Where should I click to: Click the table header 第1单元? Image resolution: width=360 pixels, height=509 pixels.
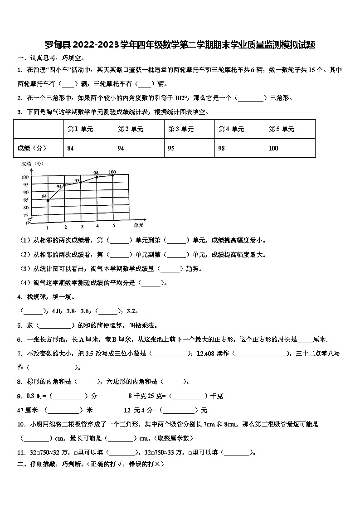[80, 129]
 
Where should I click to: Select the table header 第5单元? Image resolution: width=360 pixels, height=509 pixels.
[282, 129]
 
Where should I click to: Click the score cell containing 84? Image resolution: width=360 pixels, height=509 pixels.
[71, 148]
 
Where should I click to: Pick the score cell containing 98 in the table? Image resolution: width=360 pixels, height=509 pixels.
[221, 148]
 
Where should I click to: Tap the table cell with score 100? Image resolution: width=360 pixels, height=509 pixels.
[273, 148]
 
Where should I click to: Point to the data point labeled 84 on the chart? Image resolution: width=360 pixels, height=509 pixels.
[48, 200]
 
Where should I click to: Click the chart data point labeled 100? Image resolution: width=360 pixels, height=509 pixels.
[113, 175]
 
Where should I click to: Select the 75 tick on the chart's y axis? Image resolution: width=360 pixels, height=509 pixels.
[25, 215]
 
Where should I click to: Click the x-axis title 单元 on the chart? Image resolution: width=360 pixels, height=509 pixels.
[138, 225]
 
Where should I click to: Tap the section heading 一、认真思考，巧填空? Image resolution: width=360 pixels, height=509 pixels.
[50, 58]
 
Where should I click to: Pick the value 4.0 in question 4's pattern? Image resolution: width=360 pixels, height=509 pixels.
[56, 311]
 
